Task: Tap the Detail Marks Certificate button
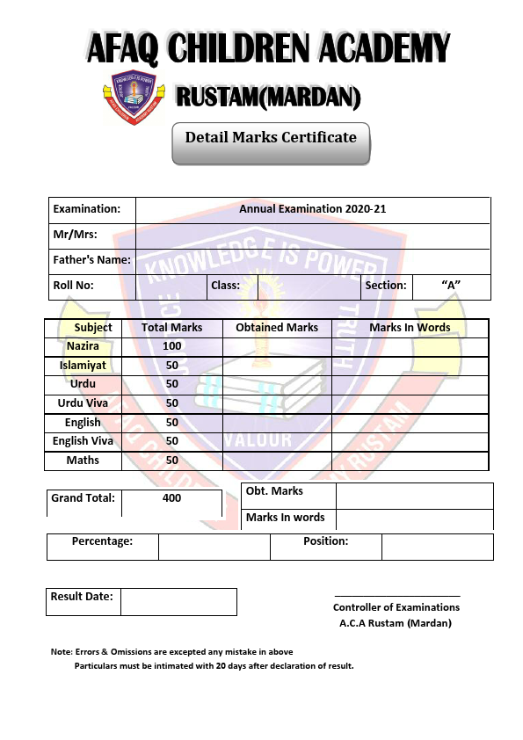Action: point(271,138)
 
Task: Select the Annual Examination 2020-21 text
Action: point(312,209)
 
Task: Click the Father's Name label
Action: point(91,259)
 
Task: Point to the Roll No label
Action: point(73,285)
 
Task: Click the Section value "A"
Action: point(451,285)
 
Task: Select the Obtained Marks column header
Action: point(277,328)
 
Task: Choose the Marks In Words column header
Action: point(410,328)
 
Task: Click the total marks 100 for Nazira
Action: point(172,346)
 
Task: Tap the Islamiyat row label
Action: point(83,366)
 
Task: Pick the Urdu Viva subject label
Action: point(83,403)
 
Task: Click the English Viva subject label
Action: point(83,441)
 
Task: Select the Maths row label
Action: point(83,461)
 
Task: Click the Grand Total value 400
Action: point(172,498)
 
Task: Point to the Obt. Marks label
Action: point(274,491)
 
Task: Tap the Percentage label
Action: point(102,541)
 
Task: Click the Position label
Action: point(325,541)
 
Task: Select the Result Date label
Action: point(82,597)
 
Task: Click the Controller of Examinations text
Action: point(396,607)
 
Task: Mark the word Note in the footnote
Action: point(61,652)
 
